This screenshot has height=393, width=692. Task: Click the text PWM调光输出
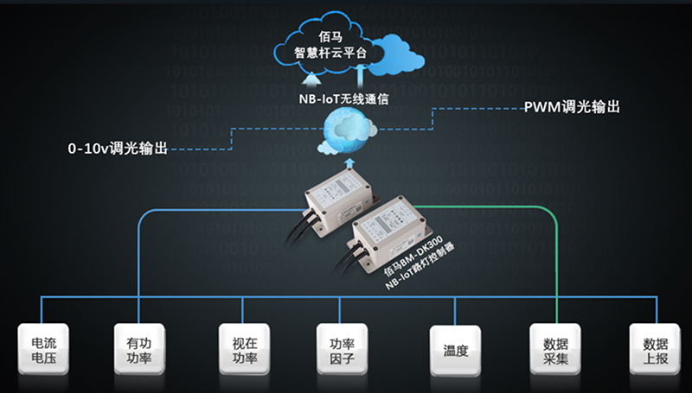[572, 109]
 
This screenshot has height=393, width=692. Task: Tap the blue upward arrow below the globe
[348, 164]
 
